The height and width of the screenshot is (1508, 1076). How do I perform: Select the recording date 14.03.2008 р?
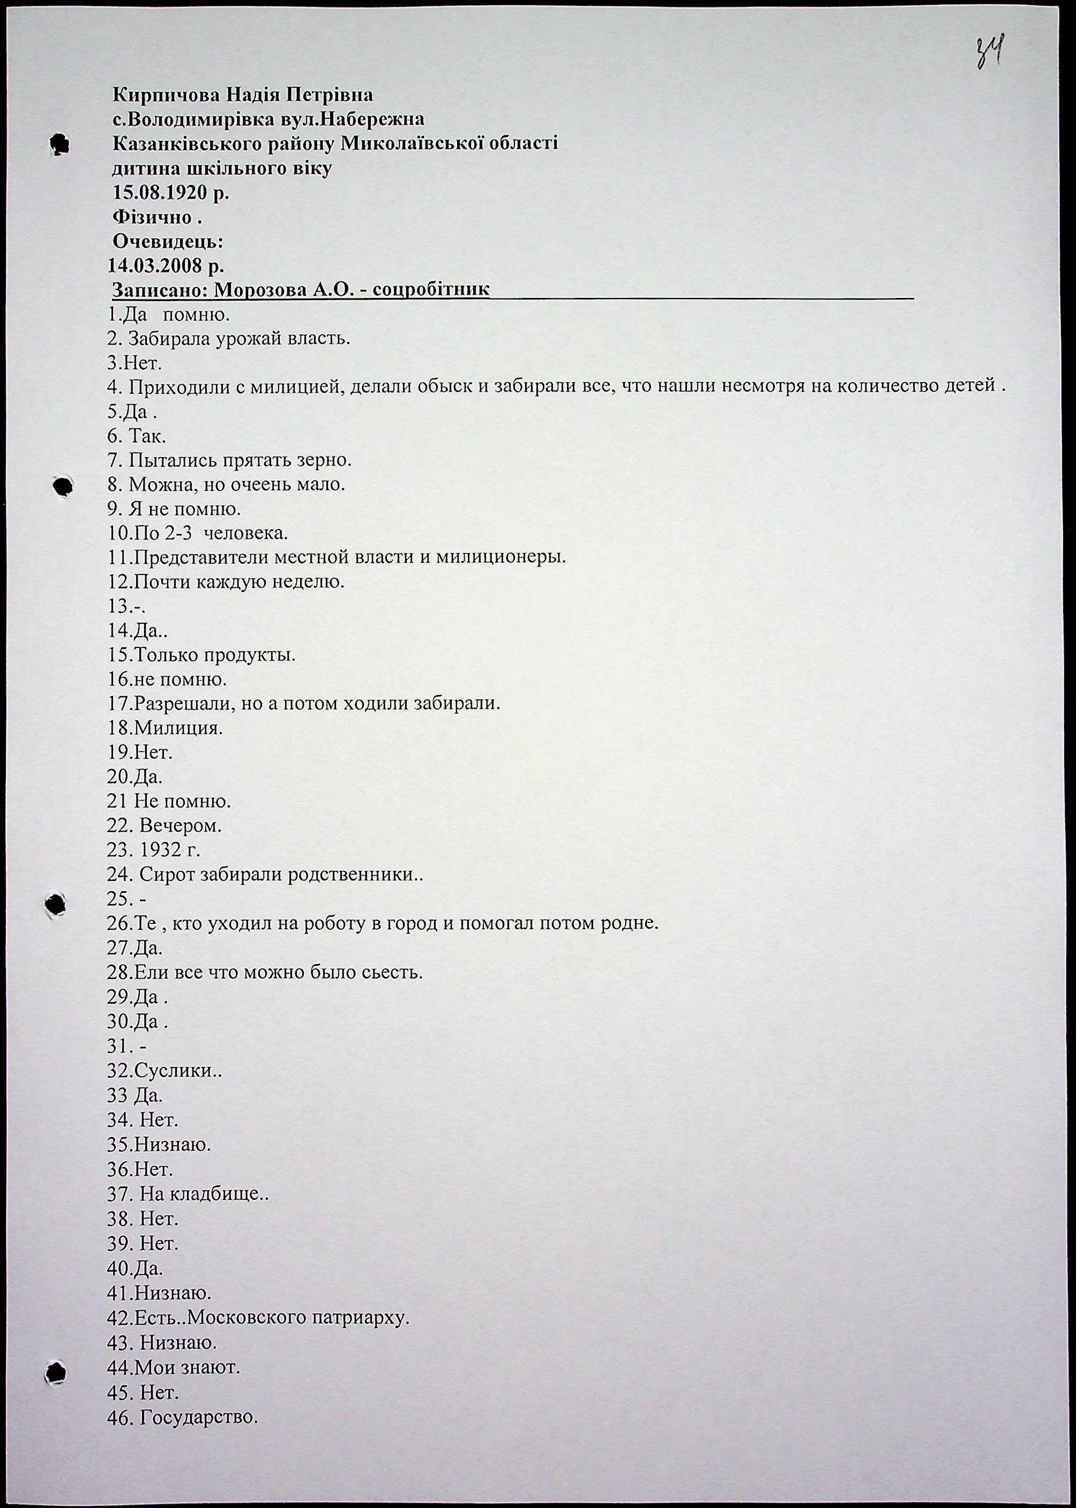(x=166, y=266)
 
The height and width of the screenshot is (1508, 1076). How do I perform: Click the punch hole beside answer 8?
(x=62, y=486)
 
